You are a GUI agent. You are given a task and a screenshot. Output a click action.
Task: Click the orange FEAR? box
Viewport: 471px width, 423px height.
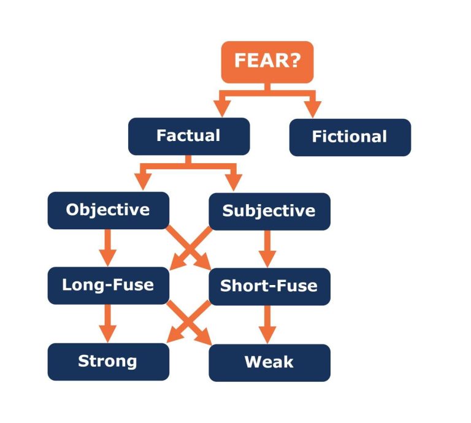point(267,61)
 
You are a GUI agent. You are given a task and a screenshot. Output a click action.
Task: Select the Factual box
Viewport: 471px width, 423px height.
point(188,136)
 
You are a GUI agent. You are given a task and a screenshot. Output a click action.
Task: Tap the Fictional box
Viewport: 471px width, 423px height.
point(350,137)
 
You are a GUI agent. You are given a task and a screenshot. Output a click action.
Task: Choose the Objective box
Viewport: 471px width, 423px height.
point(108,210)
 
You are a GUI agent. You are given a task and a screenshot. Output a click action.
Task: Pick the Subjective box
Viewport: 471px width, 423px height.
point(269,211)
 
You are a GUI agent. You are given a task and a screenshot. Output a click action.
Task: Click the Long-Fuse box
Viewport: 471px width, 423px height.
point(108,286)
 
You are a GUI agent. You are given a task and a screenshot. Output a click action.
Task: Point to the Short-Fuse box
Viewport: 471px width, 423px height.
point(269,286)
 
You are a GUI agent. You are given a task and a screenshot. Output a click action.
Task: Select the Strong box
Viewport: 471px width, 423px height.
point(108,361)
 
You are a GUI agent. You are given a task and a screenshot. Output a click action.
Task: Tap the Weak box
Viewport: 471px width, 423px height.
point(269,362)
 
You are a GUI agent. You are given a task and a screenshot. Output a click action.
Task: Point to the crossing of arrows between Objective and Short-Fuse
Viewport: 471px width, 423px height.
point(189,248)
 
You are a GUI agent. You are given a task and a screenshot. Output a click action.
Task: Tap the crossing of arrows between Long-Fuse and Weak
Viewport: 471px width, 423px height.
point(189,324)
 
